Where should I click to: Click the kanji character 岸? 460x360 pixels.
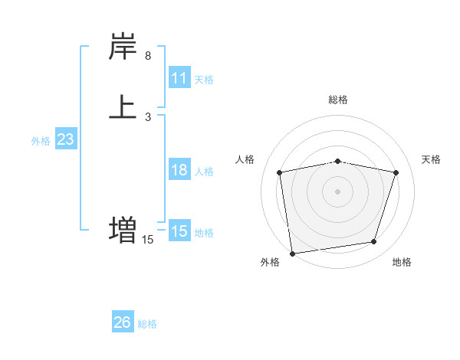tap(123, 47)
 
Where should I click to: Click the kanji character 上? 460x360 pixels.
tap(123, 106)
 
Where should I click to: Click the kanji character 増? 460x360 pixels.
tap(123, 229)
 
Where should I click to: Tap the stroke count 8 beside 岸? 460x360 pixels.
tap(148, 56)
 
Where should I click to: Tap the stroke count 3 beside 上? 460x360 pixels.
tap(148, 116)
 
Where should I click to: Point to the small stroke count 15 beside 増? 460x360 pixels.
tap(148, 240)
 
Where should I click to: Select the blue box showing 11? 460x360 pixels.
tap(179, 78)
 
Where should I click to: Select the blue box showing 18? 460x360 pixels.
tap(179, 170)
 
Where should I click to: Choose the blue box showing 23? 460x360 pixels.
tap(65, 139)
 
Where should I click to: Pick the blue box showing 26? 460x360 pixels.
tap(123, 322)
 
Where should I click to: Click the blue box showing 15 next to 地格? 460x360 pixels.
tap(179, 231)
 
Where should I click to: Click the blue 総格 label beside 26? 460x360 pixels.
tap(147, 324)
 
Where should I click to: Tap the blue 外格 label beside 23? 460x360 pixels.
tap(40, 141)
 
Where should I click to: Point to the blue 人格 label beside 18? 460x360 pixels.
tap(204, 172)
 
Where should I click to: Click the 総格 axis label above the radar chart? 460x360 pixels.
tap(338, 100)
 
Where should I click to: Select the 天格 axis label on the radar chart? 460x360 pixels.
tap(432, 159)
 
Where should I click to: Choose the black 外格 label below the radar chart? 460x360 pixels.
tap(270, 263)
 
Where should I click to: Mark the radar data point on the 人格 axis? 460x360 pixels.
tap(280, 172)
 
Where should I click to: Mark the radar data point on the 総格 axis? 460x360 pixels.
tap(338, 161)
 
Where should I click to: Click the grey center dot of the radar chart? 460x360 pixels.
tap(338, 191)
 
